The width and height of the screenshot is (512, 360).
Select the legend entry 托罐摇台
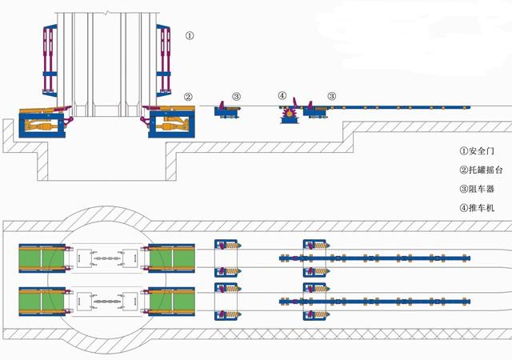coord(481,170)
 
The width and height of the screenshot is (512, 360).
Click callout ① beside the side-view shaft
coord(189,35)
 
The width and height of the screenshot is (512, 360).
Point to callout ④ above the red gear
coord(282,97)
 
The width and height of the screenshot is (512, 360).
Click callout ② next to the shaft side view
coord(188,98)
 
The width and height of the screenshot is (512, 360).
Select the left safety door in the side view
coord(50,61)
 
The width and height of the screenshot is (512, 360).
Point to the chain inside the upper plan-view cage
coord(105,259)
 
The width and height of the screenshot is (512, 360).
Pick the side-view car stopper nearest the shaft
coord(228,112)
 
